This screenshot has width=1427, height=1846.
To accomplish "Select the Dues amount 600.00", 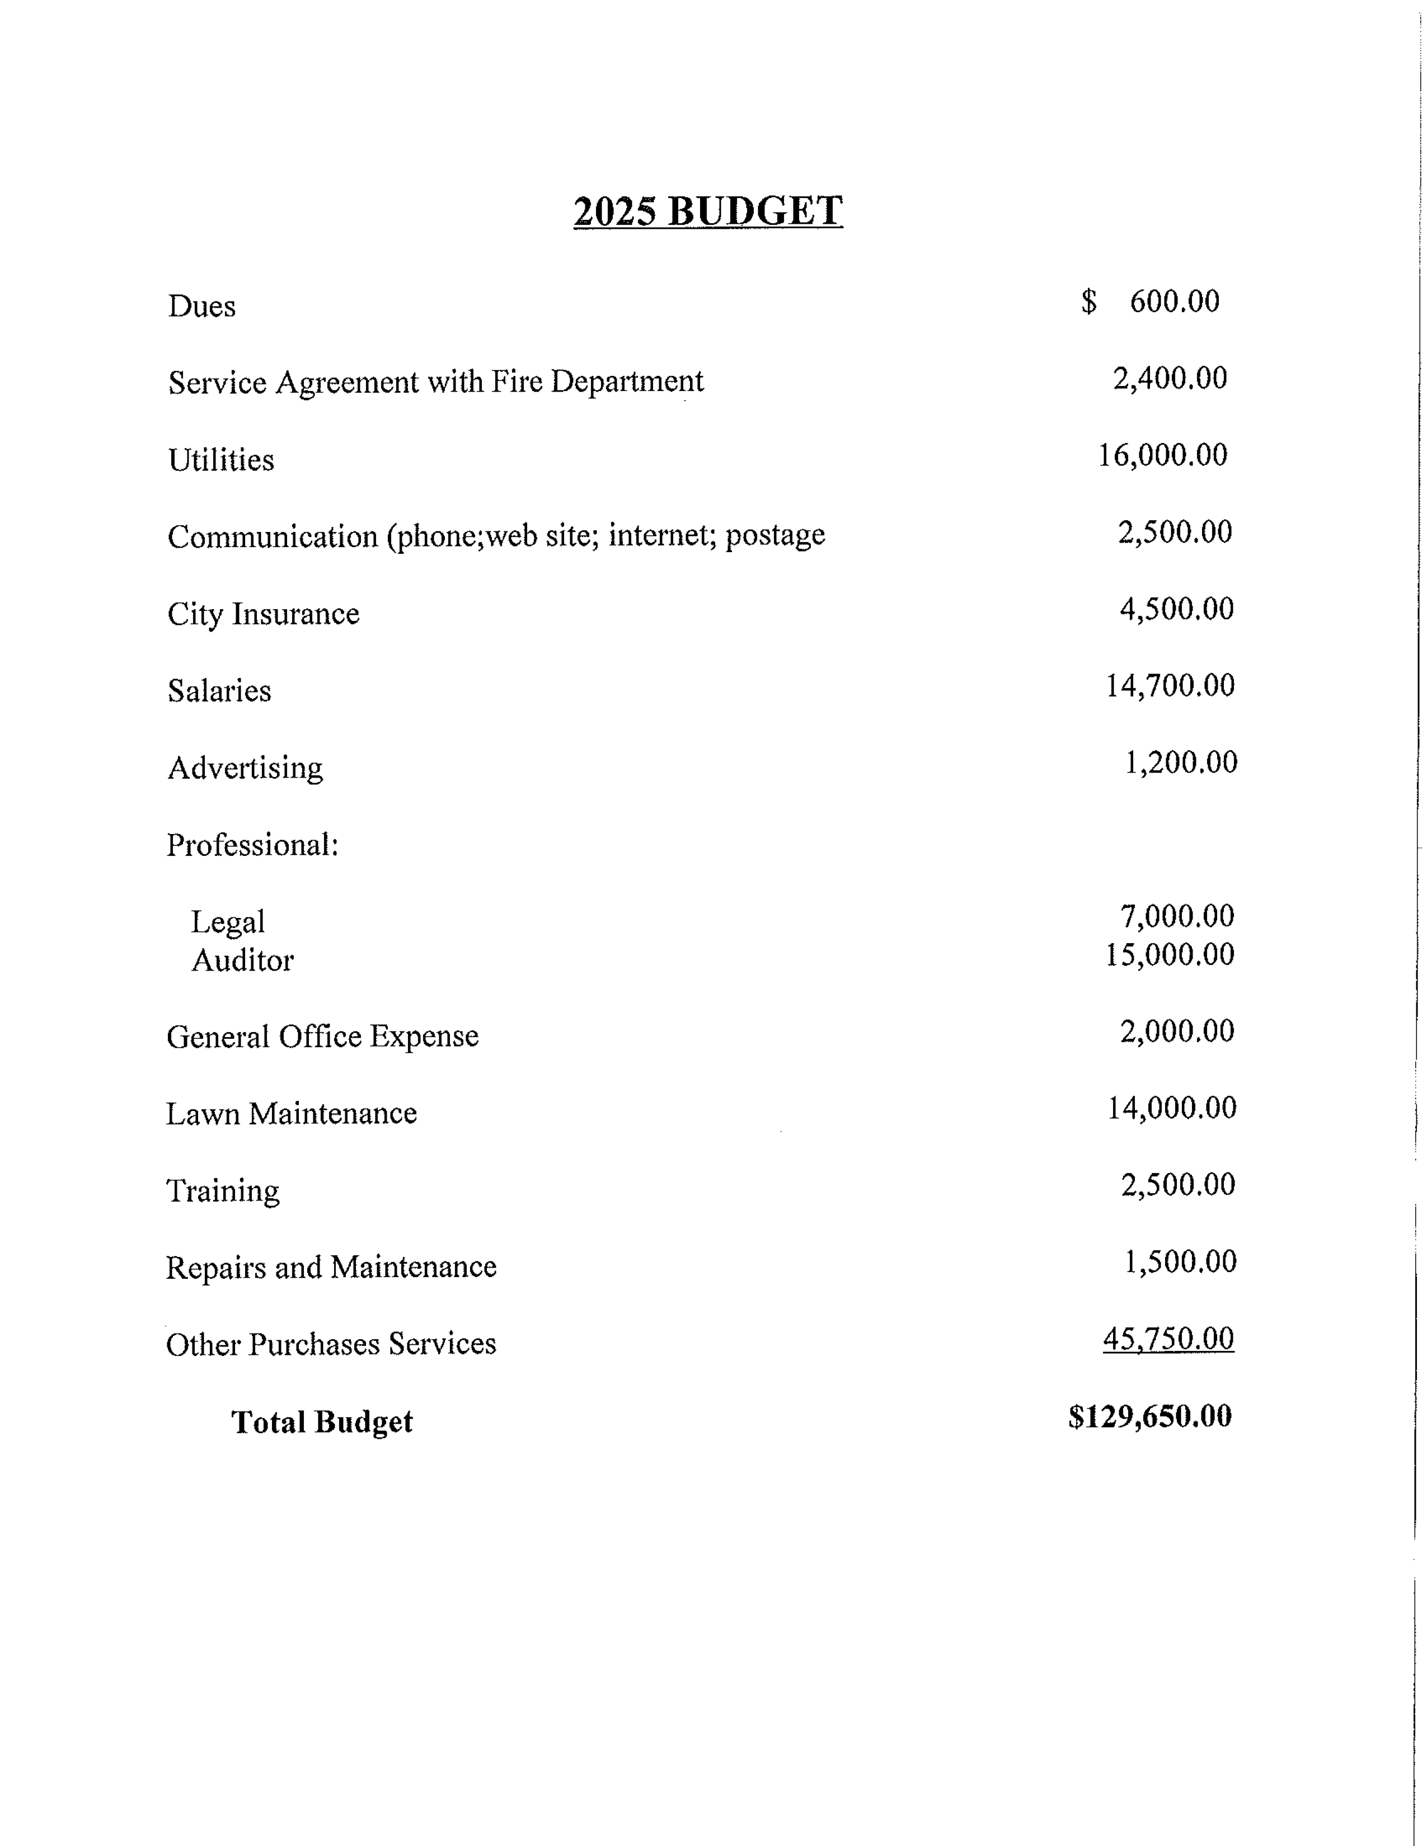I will coord(1174,302).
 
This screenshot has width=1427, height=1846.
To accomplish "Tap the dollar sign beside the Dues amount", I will coord(1089,302).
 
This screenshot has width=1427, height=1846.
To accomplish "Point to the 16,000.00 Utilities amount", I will coord(1162,455).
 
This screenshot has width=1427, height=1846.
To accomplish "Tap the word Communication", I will coord(272,536).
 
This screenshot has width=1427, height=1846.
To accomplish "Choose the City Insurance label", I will coord(263,614).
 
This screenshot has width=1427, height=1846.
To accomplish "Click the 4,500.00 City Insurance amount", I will coord(1177,609).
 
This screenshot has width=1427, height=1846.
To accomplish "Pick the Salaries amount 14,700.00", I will coord(1170,685).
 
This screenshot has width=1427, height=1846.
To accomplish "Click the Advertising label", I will coord(245,768).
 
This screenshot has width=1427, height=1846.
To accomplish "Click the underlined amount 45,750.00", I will coord(1168,1339).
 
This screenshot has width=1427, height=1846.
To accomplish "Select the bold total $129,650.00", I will coord(1150,1416).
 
